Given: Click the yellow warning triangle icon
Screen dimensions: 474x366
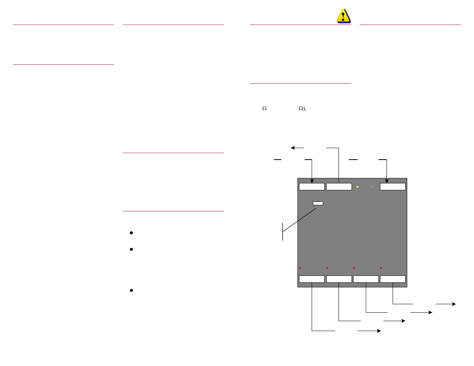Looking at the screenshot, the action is tap(344, 16).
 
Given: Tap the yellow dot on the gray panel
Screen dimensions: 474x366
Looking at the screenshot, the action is tap(357, 187).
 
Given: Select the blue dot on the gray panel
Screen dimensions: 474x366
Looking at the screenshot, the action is tap(372, 186).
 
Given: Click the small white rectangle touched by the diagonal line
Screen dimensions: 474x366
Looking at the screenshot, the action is tap(318, 203).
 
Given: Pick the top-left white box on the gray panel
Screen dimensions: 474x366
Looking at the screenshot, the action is tap(312, 187).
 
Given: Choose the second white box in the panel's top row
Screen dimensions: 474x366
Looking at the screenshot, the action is tap(339, 187).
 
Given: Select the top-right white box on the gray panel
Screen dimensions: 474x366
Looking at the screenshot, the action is tap(393, 187).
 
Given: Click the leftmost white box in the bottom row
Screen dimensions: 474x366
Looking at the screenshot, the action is tap(312, 279).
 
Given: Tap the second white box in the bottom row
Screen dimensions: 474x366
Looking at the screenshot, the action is tap(339, 279).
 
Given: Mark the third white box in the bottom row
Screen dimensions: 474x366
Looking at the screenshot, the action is tap(366, 279).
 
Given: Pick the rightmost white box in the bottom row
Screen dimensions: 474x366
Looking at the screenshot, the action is tap(393, 279).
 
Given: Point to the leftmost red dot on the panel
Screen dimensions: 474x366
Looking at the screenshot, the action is tap(300, 268).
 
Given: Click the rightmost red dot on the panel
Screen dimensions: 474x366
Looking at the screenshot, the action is tap(381, 268).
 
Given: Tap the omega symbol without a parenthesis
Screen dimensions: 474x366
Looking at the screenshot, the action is tap(264, 109).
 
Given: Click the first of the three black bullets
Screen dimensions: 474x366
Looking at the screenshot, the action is tap(131, 233).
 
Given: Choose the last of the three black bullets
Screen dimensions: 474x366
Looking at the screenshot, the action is tap(131, 290).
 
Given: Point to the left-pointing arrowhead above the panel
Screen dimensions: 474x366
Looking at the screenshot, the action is tap(293, 148).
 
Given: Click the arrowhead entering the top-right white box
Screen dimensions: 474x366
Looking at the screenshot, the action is tap(386, 181).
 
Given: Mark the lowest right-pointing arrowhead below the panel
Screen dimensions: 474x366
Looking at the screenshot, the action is tap(378, 331).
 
